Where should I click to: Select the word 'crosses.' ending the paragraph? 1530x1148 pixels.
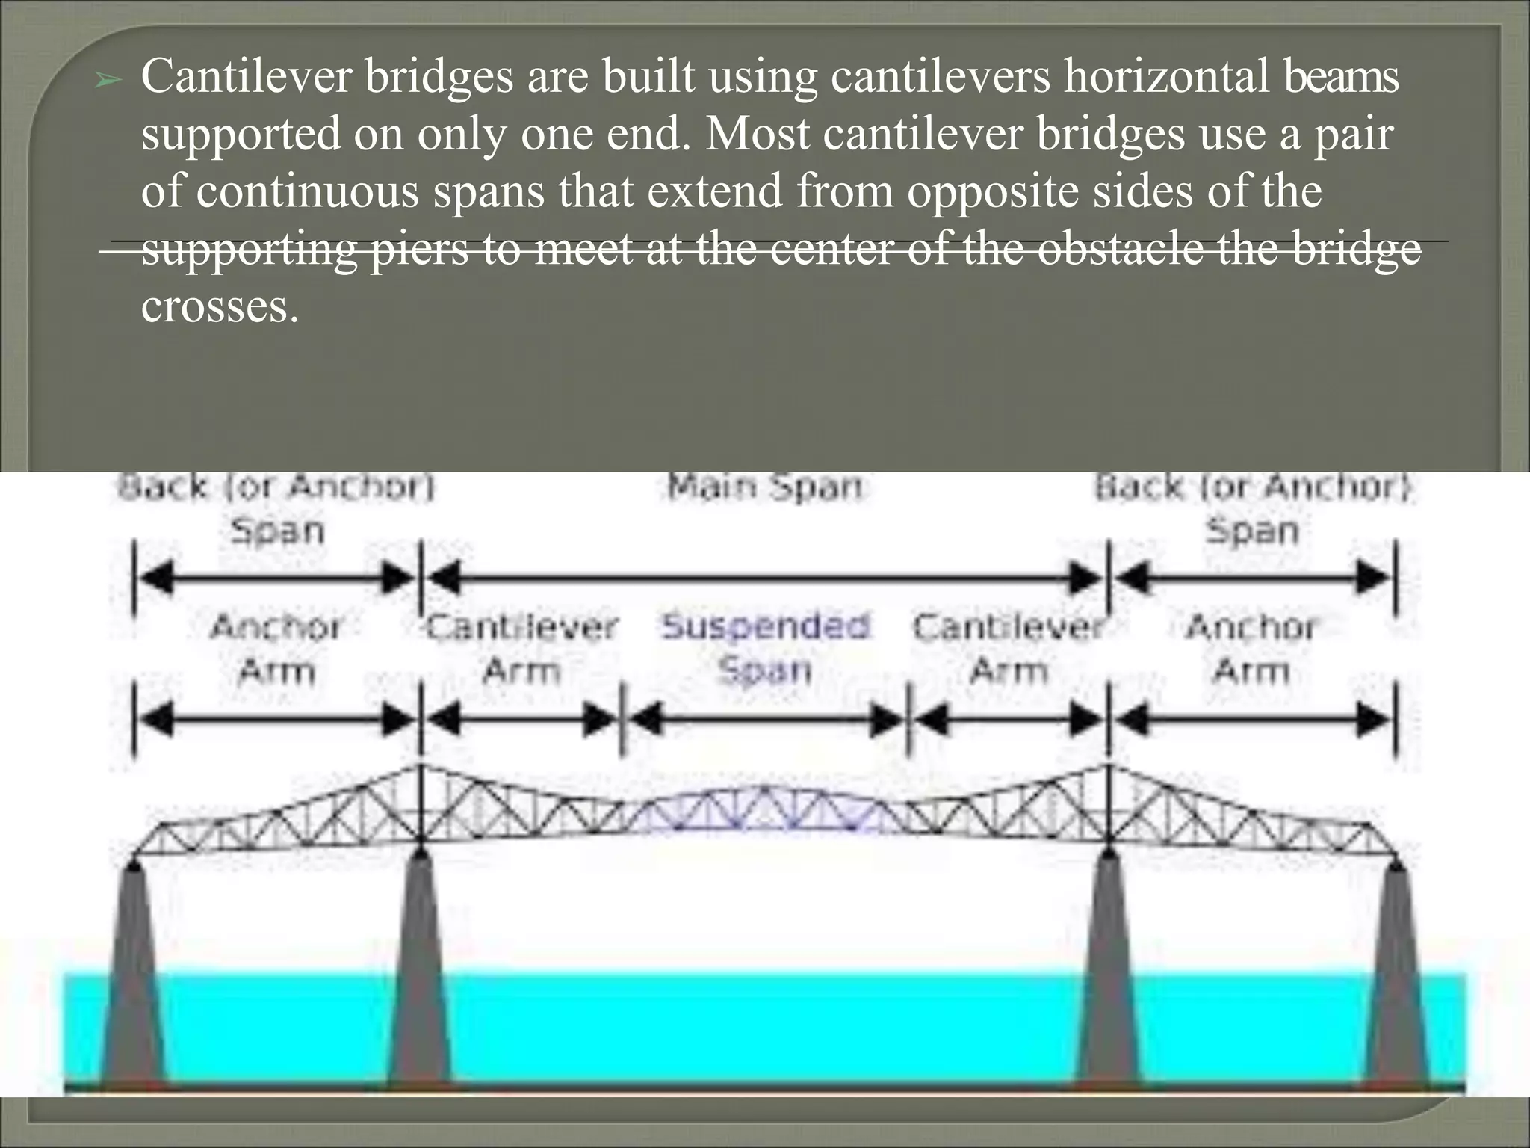[220, 307]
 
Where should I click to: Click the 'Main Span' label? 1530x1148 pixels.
[764, 487]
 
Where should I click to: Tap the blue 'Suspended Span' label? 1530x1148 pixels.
[765, 647]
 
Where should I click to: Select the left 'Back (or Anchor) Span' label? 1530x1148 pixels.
[276, 509]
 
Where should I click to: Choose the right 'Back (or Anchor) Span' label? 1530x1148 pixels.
[1253, 509]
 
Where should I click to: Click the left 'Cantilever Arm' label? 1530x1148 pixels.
[521, 647]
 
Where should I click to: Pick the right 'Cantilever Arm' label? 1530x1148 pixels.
[1008, 647]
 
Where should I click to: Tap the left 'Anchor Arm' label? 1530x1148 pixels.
[276, 647]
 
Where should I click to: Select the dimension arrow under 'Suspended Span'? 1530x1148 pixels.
[765, 720]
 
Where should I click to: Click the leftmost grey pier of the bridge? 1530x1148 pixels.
[133, 972]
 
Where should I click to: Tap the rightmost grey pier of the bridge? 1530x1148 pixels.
[1397, 972]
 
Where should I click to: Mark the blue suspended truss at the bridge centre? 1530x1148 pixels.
[765, 811]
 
